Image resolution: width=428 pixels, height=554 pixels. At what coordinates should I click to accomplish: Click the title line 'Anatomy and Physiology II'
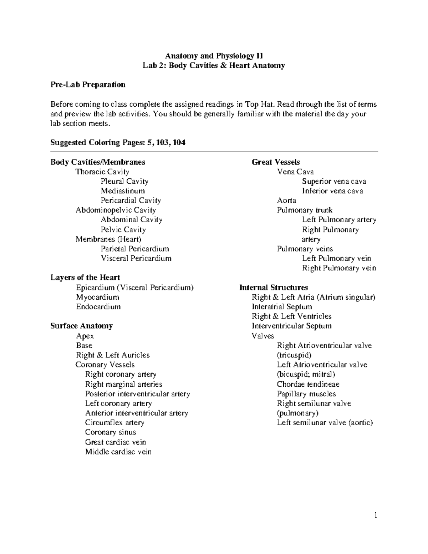(x=214, y=56)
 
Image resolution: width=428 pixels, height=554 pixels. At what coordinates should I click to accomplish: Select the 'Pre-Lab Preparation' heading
(x=88, y=85)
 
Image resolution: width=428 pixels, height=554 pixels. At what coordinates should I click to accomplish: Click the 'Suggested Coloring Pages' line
(x=118, y=143)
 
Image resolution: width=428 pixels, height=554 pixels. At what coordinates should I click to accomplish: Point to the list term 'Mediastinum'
(x=123, y=191)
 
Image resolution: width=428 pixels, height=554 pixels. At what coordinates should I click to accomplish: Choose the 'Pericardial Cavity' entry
(x=131, y=200)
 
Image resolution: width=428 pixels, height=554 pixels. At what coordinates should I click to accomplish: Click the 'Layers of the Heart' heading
(x=85, y=278)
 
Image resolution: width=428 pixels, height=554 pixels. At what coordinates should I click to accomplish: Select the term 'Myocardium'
(x=97, y=297)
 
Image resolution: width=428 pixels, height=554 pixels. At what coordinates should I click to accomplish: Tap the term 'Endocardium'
(x=98, y=307)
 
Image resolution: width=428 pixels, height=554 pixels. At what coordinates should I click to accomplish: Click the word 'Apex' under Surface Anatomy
(x=85, y=336)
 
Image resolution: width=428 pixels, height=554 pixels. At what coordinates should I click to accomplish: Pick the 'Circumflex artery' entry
(x=114, y=423)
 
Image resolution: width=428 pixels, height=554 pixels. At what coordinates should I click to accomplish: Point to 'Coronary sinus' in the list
(x=111, y=432)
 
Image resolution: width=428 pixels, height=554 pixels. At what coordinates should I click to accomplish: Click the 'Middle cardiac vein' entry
(x=118, y=452)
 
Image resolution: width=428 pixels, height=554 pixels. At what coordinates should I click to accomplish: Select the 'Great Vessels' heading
(x=276, y=162)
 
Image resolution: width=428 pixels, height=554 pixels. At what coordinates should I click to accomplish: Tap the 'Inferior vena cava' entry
(x=332, y=191)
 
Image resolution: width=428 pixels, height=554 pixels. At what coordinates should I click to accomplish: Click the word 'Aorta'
(x=286, y=200)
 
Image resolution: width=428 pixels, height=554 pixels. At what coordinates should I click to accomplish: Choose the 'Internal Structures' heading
(x=274, y=288)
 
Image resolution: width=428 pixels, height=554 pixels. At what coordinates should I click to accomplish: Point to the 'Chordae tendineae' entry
(x=308, y=385)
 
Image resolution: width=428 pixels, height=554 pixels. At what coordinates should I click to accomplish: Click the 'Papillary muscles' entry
(x=306, y=394)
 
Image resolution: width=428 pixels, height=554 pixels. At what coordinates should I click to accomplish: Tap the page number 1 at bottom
(x=376, y=515)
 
